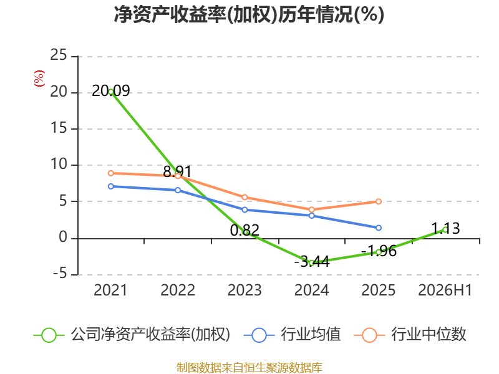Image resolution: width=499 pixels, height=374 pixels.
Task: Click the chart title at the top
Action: (x=249, y=14)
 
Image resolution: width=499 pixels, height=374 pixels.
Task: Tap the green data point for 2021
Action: (x=111, y=92)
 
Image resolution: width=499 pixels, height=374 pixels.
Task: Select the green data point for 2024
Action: (x=311, y=263)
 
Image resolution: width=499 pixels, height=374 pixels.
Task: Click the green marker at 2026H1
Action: (x=445, y=229)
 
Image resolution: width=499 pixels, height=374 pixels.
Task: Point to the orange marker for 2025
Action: (x=379, y=201)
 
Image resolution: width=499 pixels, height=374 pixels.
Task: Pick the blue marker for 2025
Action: (x=379, y=228)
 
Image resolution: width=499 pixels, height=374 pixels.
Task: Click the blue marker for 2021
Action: (x=111, y=186)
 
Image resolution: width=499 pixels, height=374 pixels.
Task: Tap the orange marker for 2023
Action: (x=245, y=198)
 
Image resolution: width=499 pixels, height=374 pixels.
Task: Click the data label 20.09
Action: (x=111, y=91)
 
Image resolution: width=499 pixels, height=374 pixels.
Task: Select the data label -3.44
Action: (x=312, y=262)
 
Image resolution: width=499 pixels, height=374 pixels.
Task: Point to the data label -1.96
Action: (x=379, y=251)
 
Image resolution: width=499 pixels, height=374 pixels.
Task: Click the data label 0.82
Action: (x=245, y=230)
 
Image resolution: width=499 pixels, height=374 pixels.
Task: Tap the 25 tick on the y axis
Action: (x=59, y=55)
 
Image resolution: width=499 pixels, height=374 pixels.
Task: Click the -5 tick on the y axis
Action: (x=60, y=274)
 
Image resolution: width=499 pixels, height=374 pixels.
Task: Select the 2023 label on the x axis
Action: (x=245, y=290)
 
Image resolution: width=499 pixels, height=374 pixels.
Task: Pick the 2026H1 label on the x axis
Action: (x=445, y=290)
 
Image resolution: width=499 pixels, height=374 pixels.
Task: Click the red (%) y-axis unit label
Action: (x=39, y=79)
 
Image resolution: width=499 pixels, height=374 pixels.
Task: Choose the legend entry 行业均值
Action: (x=292, y=335)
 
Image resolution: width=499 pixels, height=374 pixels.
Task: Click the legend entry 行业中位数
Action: (x=410, y=335)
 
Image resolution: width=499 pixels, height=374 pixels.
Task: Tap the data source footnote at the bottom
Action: (x=249, y=368)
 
